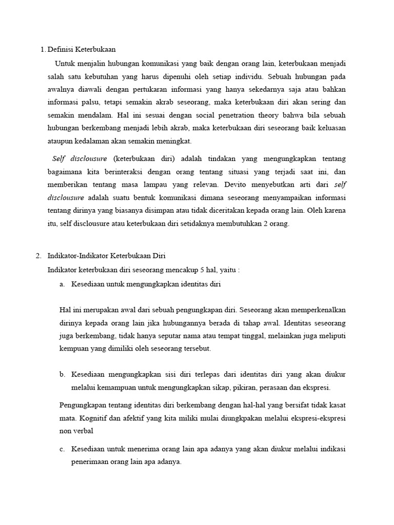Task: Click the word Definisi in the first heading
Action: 61,50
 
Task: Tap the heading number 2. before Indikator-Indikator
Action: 43,255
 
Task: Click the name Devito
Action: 218,184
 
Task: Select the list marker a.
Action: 62,284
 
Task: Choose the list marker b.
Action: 62,375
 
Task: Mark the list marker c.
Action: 62,449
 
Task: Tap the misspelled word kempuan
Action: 74,349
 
